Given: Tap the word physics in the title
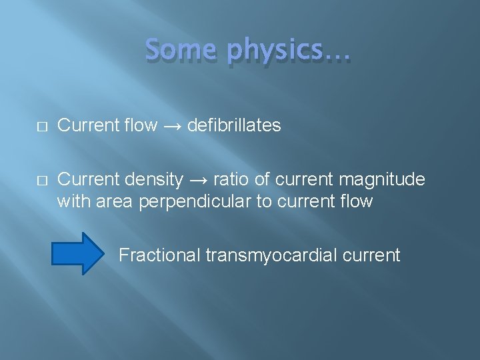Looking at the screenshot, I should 275,52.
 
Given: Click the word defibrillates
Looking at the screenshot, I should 234,125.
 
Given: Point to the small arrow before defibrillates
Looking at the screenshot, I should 172,125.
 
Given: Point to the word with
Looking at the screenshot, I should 74,201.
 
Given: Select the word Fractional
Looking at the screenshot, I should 160,255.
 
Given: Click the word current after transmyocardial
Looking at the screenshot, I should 374,255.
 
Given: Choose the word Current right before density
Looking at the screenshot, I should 87,179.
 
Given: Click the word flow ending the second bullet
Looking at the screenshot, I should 356,201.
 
